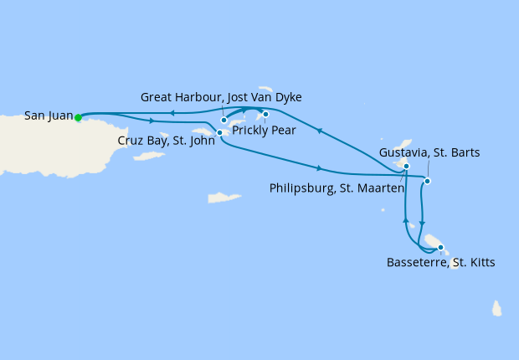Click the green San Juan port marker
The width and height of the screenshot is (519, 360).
point(78,117)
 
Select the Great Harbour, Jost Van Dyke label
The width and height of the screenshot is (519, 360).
point(221,98)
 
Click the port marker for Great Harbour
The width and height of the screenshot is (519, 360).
point(224,121)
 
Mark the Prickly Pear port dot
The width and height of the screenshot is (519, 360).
point(265,114)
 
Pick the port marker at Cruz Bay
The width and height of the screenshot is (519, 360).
point(219,132)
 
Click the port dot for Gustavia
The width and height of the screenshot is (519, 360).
point(427,181)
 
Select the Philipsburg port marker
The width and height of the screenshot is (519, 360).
point(406,167)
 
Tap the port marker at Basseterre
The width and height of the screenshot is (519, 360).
point(440,247)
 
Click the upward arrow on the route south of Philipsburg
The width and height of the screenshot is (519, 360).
point(405,220)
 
